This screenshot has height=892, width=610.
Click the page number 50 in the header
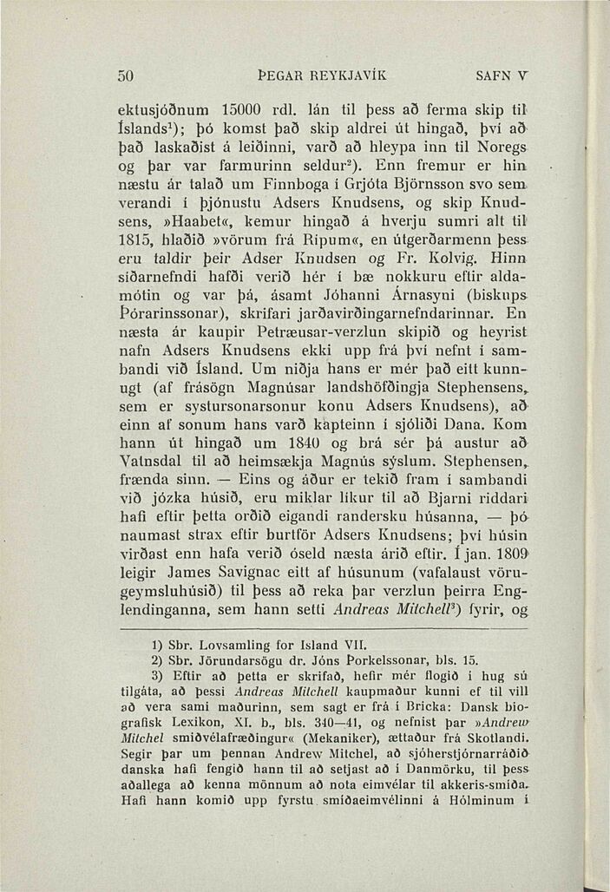(126, 75)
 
